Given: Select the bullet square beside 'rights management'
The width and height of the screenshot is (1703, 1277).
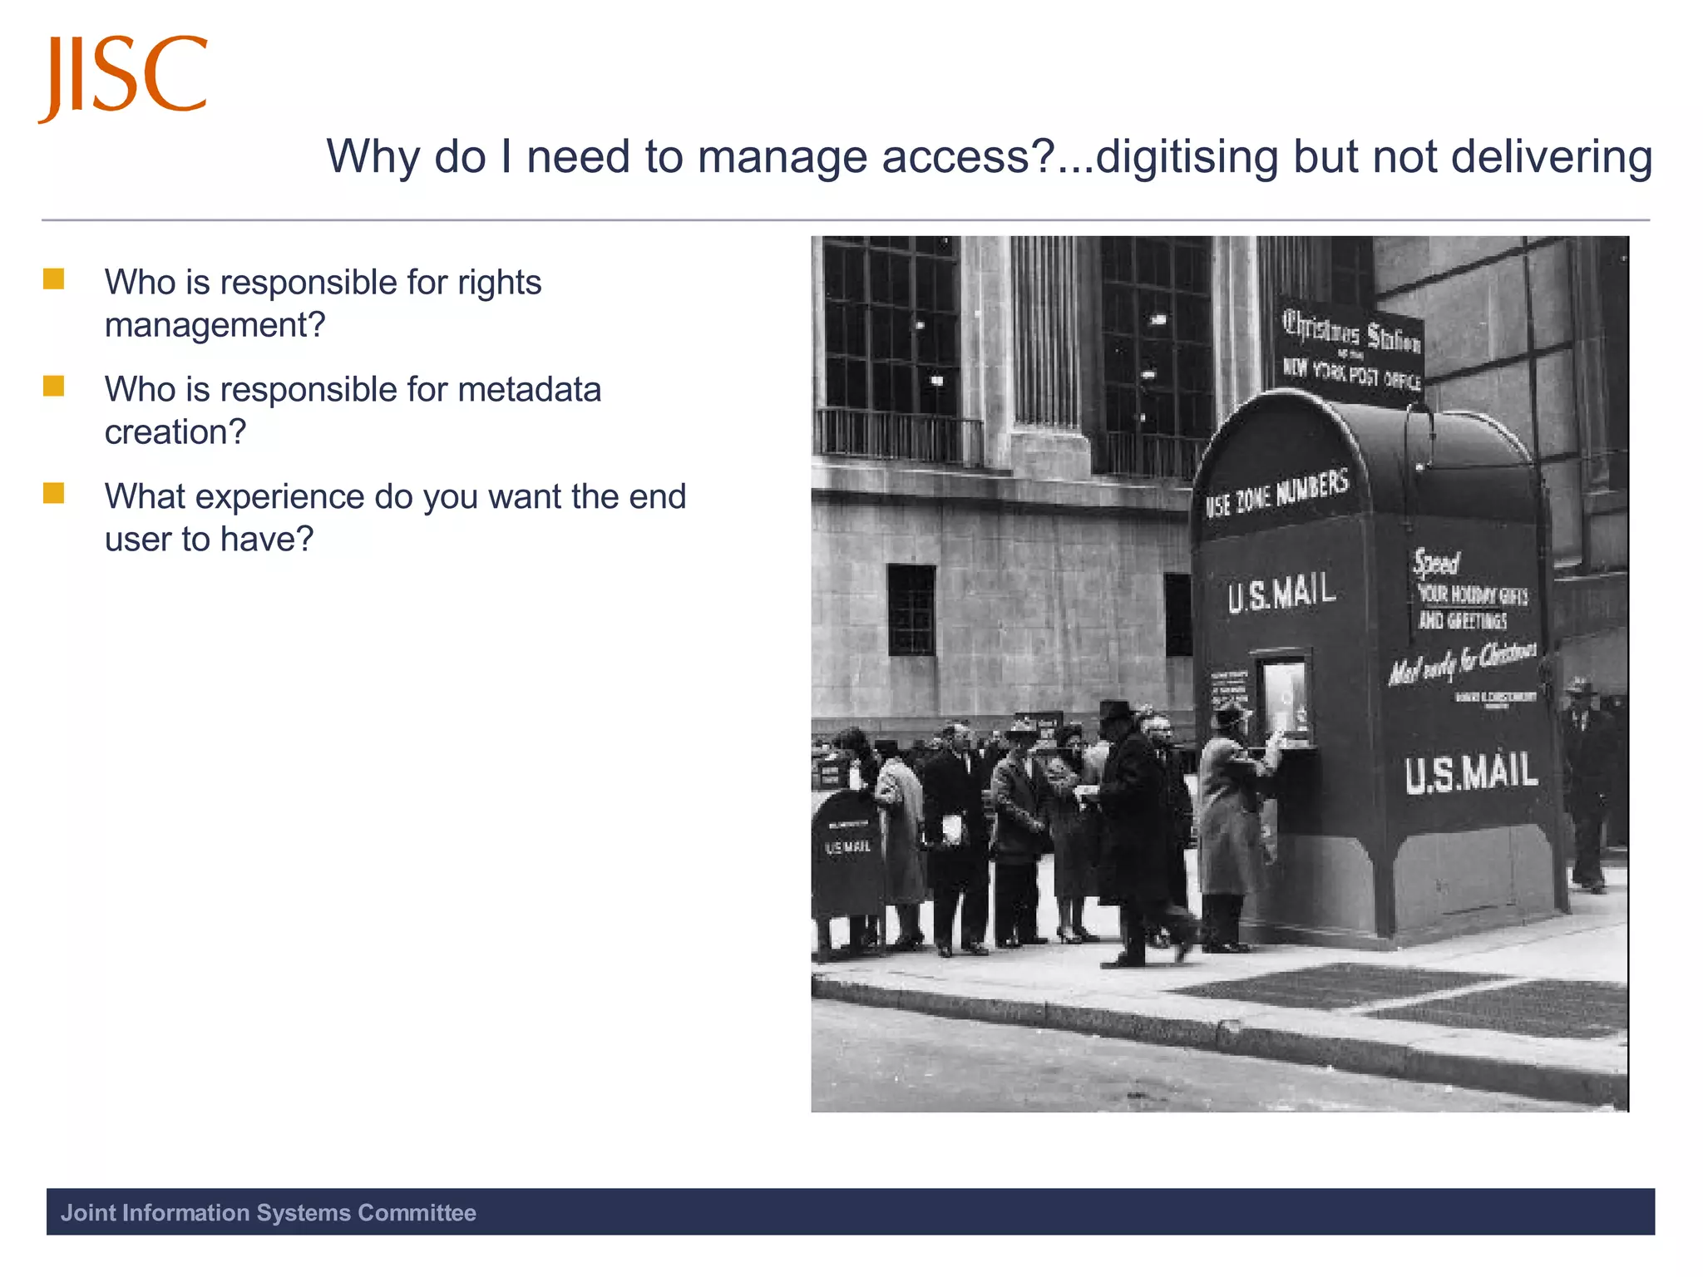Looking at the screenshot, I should point(54,279).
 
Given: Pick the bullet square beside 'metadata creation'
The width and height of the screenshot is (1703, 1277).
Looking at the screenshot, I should point(54,387).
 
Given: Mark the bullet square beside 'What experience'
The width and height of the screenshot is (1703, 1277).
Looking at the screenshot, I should point(54,493).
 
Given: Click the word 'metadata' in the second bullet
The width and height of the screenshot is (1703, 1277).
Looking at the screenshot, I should point(529,390).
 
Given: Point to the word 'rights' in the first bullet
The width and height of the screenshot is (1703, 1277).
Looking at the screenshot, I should point(499,284).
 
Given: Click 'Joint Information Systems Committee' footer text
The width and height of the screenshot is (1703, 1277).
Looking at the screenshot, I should point(268,1212).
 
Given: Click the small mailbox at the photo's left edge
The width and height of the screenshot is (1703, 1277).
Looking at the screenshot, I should point(847,856).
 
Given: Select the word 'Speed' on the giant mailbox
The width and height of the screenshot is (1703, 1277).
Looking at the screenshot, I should point(1436,563).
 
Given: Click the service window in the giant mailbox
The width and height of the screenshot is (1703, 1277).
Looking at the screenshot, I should point(1285,698).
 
